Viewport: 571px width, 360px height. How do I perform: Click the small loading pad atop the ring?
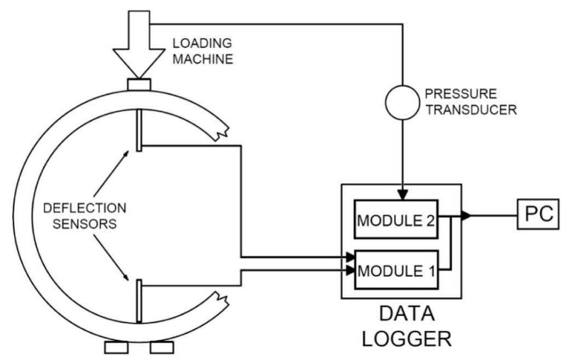139,85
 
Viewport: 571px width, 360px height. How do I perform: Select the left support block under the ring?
116,347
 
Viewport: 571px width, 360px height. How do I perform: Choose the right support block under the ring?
162,347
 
